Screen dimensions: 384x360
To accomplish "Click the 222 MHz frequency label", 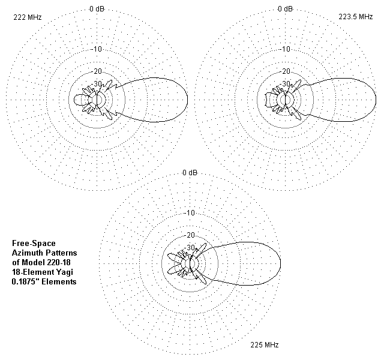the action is coord(28,17).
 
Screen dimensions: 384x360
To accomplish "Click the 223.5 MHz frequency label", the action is coord(356,17).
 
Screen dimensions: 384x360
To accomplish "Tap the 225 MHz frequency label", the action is coord(265,345).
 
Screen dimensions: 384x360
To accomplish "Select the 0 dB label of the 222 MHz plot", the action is coord(97,9).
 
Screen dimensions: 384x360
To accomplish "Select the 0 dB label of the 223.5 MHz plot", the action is coord(286,9).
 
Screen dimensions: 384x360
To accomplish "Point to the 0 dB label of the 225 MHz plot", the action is coord(190,173).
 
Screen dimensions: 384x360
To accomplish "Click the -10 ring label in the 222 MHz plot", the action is coord(97,49).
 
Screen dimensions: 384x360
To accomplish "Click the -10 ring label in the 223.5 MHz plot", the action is coord(286,49).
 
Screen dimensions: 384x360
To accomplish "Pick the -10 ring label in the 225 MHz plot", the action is coord(190,213).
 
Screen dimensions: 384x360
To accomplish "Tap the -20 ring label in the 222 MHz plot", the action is coord(97,71).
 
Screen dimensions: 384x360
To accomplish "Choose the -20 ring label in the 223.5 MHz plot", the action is coord(286,71).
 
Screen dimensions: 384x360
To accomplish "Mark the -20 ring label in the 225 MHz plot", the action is coord(190,235).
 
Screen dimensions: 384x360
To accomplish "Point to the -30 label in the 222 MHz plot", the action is coord(97,84).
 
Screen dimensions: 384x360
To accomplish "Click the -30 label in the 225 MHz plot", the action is coord(190,247).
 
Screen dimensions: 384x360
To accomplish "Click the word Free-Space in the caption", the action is coord(34,243).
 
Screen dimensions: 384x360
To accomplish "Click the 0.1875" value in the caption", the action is coord(25,281).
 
